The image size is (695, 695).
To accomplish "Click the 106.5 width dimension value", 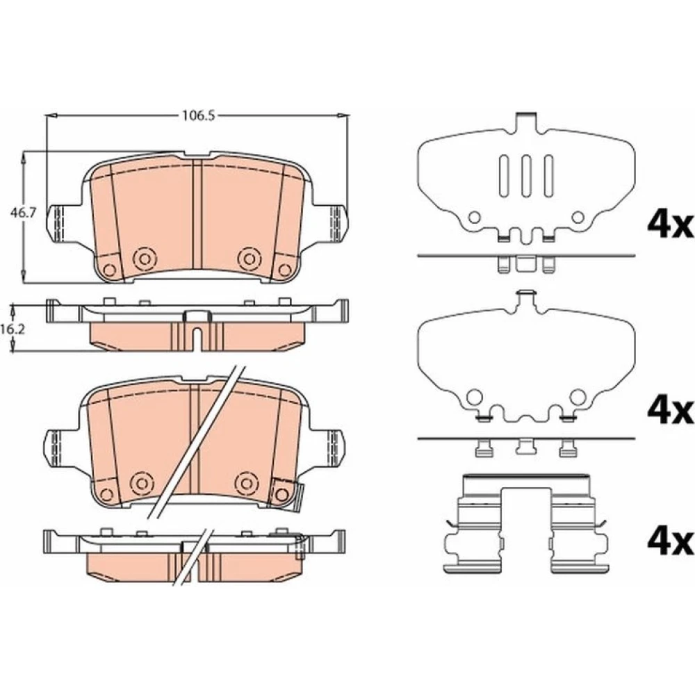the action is [199, 115].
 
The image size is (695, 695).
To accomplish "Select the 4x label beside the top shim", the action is [670, 225].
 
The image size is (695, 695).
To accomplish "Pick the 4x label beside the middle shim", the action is [670, 411].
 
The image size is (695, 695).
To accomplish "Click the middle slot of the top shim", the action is [526, 176].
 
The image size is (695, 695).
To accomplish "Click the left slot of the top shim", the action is [504, 176].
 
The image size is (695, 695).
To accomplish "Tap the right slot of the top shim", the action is [549, 176].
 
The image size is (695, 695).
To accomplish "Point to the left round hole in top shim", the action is [475, 217].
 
